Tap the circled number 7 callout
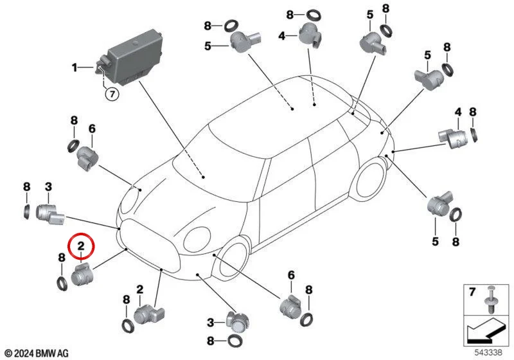(x=112, y=94)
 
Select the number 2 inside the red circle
(x=81, y=246)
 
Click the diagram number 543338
(x=488, y=352)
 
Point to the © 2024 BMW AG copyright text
(x=37, y=354)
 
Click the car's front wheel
(x=232, y=257)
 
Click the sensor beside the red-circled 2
(x=82, y=274)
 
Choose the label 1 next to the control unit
(x=75, y=67)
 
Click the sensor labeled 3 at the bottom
(x=238, y=322)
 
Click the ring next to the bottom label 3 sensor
(x=235, y=341)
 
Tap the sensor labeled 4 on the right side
(x=454, y=138)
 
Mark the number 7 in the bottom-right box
(x=472, y=291)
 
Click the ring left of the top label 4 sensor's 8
(x=313, y=15)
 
